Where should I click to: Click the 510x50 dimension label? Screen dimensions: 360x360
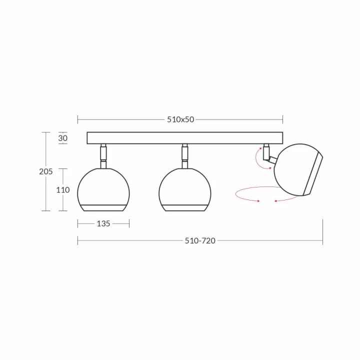point(180,119)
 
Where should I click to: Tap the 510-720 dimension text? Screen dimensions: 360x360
point(200,240)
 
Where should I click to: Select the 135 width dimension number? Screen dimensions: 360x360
point(103,223)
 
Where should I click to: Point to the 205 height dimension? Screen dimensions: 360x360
point(45,171)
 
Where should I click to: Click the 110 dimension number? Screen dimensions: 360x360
point(63,190)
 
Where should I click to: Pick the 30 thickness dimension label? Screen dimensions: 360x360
point(62,138)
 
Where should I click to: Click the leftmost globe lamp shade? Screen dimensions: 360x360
point(103,189)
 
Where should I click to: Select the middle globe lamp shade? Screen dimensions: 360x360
point(185,189)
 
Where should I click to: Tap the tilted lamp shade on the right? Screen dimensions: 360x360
point(298,169)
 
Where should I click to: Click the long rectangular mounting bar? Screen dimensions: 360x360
point(185,138)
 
